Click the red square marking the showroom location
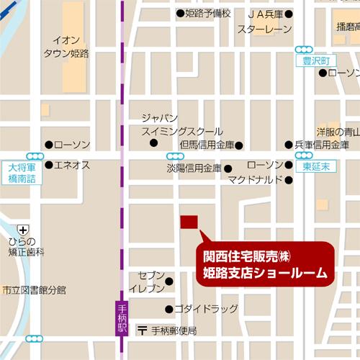point(188,222)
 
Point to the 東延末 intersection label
point(310,166)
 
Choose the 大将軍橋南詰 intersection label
point(22,174)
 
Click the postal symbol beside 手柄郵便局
point(143,330)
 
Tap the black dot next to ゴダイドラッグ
point(170,310)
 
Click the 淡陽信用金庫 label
point(194,168)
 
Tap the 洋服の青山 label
point(338,132)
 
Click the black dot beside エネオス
point(48,165)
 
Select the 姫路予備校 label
point(207,13)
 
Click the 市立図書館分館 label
point(33,289)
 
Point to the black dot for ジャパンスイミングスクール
point(153,143)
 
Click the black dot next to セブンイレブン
point(170,281)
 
